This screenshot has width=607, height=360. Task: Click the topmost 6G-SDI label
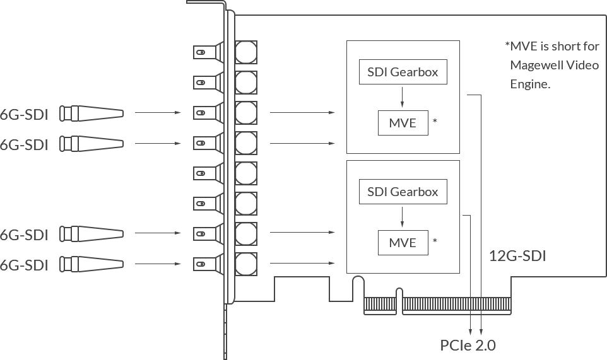[24, 115]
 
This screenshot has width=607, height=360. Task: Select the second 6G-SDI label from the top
[24, 144]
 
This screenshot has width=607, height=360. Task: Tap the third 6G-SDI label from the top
[24, 235]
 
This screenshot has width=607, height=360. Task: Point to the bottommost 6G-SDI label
[24, 265]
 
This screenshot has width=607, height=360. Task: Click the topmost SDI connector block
[92, 113]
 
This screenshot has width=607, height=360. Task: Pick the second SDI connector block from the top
[92, 144]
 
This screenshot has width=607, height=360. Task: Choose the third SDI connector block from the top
[92, 233]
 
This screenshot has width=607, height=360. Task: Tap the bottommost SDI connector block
[92, 264]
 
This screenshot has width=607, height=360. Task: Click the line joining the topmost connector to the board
[158, 113]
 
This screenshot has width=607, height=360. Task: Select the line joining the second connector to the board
[158, 143]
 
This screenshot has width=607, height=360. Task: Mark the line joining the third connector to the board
[158, 233]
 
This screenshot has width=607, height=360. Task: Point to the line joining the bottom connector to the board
[158, 263]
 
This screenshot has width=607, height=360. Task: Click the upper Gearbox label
[404, 72]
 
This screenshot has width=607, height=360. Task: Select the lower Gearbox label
[404, 192]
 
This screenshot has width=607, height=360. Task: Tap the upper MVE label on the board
[404, 123]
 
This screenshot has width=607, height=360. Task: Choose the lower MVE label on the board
[404, 243]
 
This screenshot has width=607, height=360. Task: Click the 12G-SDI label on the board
[519, 255]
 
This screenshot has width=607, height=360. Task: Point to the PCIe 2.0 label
[468, 345]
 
